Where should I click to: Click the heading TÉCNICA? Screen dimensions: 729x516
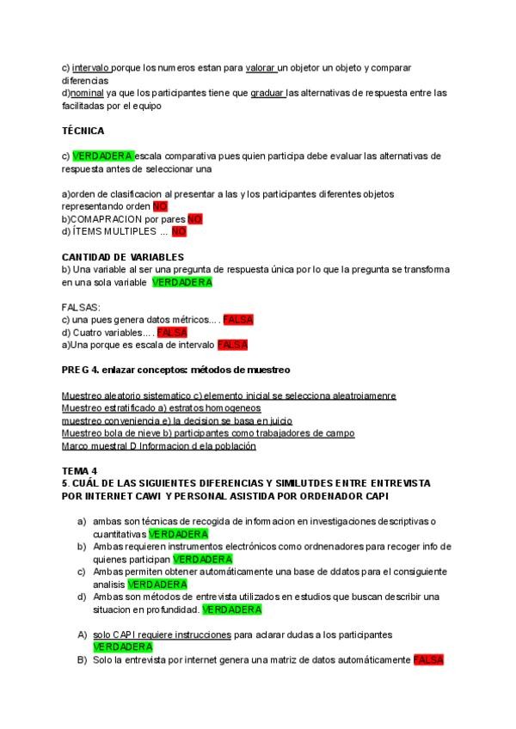click(x=83, y=131)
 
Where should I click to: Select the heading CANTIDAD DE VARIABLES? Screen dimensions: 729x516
click(x=122, y=257)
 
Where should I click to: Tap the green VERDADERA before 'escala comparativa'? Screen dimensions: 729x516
click(x=103, y=156)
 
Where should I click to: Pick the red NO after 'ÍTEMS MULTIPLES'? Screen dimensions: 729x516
click(x=179, y=231)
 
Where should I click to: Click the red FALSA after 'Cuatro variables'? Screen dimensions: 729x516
click(x=172, y=332)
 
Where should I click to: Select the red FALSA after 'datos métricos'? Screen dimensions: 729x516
click(x=238, y=320)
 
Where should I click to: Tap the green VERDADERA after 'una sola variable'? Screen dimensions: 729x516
click(x=181, y=282)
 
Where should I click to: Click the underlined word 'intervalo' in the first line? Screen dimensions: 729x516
click(x=92, y=67)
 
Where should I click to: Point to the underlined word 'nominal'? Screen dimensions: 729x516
click(x=89, y=93)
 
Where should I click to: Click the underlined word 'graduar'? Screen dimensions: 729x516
click(x=267, y=93)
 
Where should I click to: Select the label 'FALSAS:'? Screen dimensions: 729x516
click(x=81, y=307)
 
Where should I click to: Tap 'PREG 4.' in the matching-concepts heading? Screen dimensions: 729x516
click(x=81, y=370)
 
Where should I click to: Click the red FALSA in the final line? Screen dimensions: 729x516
click(x=428, y=660)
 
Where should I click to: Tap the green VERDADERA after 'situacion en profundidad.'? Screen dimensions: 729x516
click(x=232, y=610)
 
